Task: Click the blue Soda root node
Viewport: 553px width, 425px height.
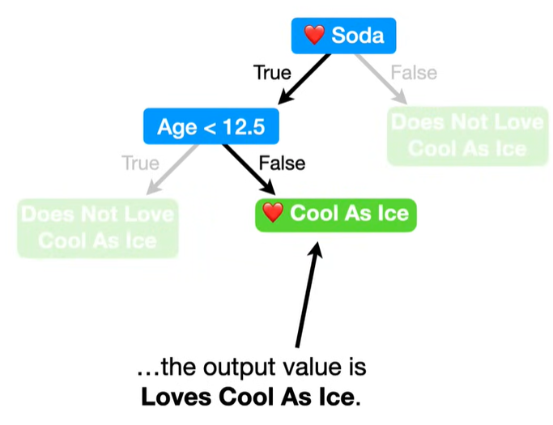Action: (343, 36)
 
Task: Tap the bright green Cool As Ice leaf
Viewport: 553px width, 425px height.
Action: (335, 215)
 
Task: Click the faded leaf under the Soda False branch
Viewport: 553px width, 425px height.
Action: (467, 136)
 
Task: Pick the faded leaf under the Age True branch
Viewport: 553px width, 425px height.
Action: (97, 227)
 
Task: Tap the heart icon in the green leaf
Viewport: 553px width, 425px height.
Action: (274, 215)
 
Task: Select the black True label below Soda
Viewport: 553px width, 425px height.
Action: (272, 73)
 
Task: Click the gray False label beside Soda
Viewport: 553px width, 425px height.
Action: (414, 73)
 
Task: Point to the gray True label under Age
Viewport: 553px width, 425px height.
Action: (140, 163)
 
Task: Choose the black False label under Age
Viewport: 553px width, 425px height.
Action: (282, 163)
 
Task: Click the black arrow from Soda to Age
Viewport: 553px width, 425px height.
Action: (306, 79)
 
